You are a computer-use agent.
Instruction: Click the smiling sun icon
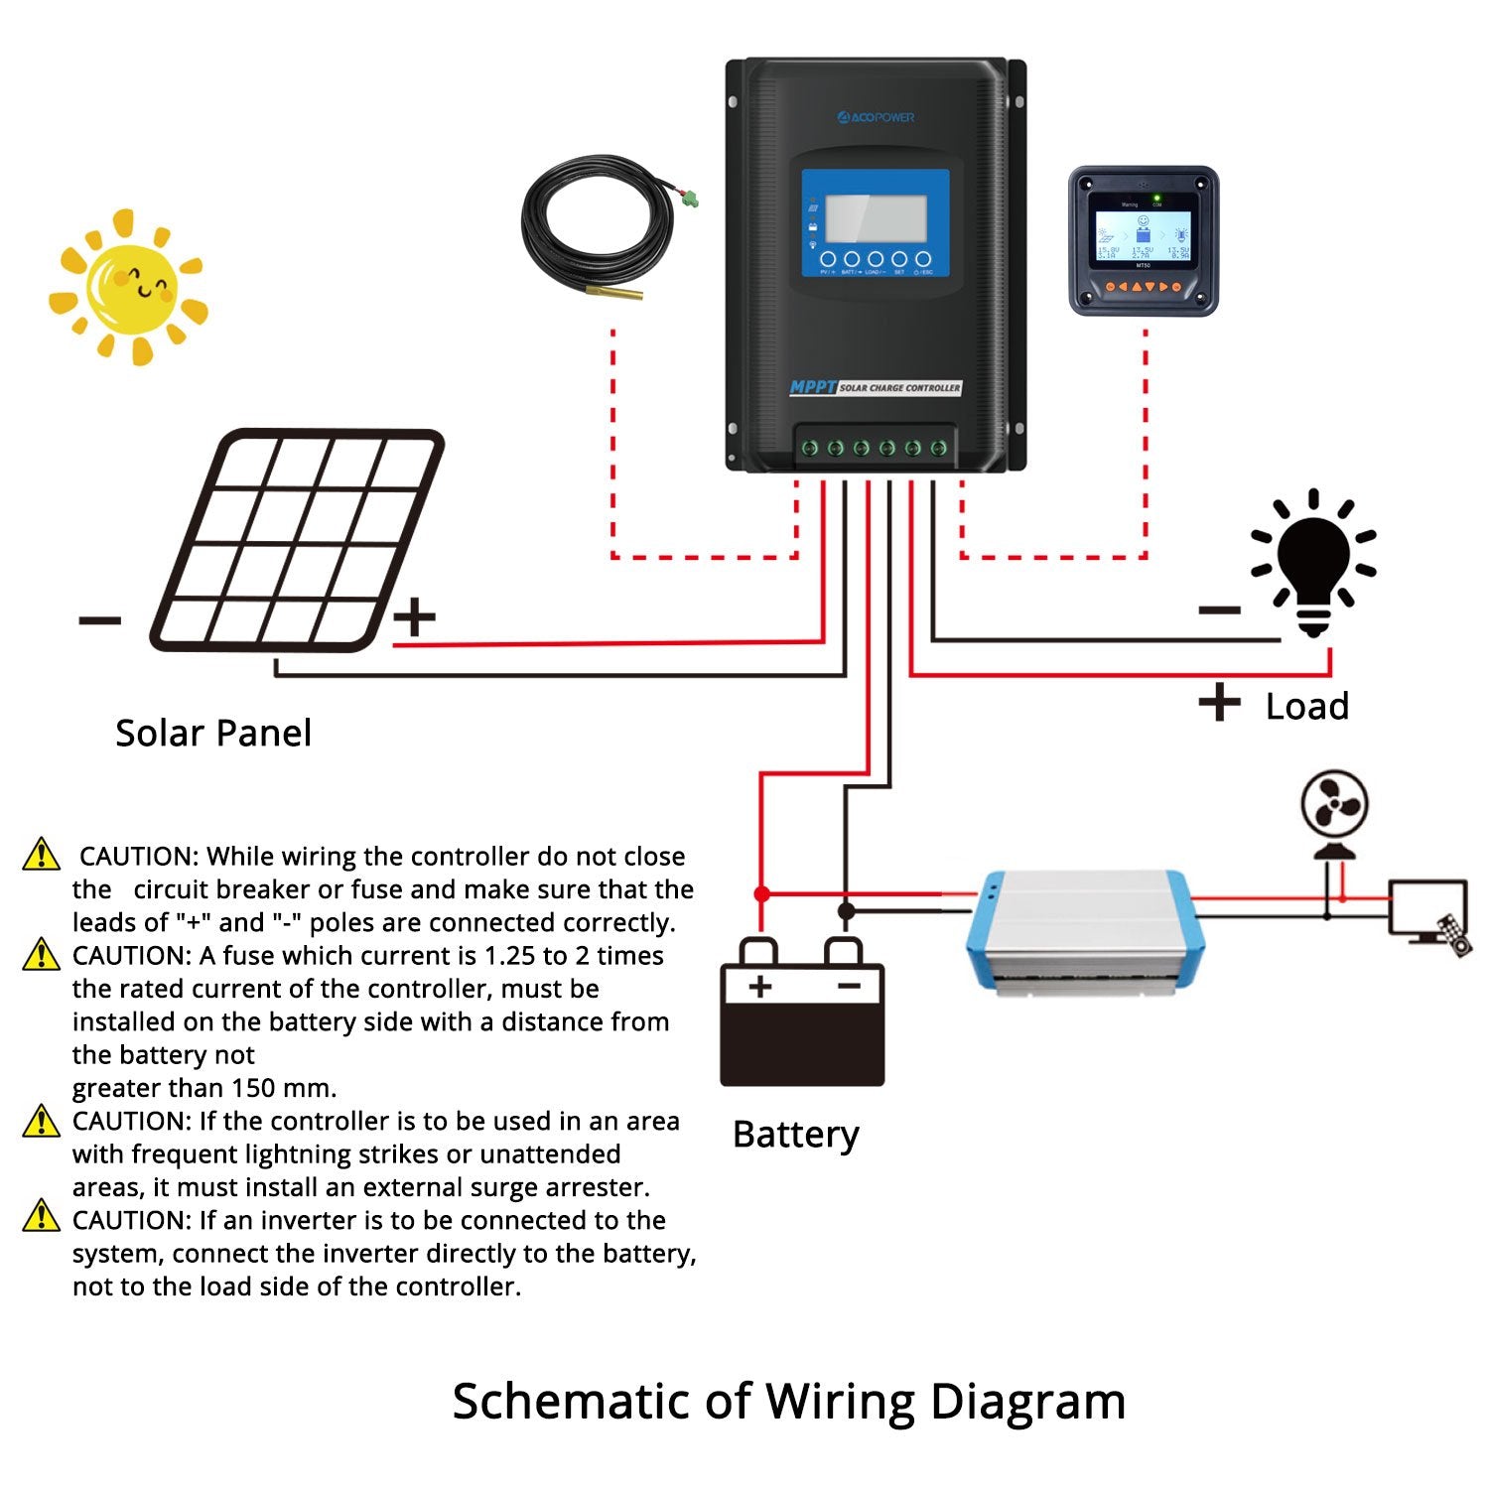tap(129, 287)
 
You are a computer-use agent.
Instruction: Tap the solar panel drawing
tap(296, 541)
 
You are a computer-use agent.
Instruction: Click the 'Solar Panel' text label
tap(213, 734)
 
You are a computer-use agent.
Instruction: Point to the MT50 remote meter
tap(1143, 241)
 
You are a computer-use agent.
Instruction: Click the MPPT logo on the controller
tap(813, 387)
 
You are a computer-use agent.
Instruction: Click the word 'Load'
tap(1306, 707)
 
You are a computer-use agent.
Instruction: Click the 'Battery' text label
tap(795, 1135)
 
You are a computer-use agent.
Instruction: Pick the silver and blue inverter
tap(1085, 931)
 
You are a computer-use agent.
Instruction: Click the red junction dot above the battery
tap(761, 894)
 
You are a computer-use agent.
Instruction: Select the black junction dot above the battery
tap(845, 910)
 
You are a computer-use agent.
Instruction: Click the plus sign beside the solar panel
tap(414, 616)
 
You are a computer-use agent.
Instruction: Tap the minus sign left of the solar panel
tap(99, 621)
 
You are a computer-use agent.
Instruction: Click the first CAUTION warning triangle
tap(41, 855)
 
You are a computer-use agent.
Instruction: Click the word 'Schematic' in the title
tap(571, 1402)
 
